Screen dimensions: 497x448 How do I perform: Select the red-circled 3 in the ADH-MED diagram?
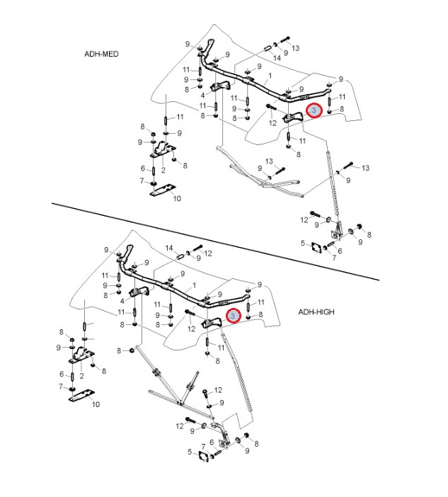tap(316, 110)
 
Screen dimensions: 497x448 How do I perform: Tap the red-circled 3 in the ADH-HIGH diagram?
tap(233, 316)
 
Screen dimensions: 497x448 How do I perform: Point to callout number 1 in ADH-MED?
tap(270, 76)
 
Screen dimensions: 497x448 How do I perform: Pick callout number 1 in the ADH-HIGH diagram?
tap(194, 286)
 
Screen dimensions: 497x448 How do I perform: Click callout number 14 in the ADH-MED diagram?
tap(277, 57)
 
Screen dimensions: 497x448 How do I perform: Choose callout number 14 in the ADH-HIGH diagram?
tap(170, 248)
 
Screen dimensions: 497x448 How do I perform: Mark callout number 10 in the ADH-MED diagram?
tap(177, 199)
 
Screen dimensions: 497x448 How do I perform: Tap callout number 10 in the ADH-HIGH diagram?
tap(96, 404)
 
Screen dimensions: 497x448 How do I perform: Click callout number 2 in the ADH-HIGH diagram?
tap(82, 376)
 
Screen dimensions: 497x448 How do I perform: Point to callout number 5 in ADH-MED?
tap(302, 244)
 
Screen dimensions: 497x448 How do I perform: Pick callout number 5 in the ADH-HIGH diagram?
tap(189, 452)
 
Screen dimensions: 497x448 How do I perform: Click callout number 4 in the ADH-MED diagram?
tap(203, 95)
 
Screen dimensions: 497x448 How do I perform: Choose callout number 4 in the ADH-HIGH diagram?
tap(122, 301)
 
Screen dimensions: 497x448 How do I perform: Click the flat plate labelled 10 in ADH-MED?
tap(162, 190)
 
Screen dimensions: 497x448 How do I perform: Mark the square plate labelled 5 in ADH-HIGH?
tap(202, 456)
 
